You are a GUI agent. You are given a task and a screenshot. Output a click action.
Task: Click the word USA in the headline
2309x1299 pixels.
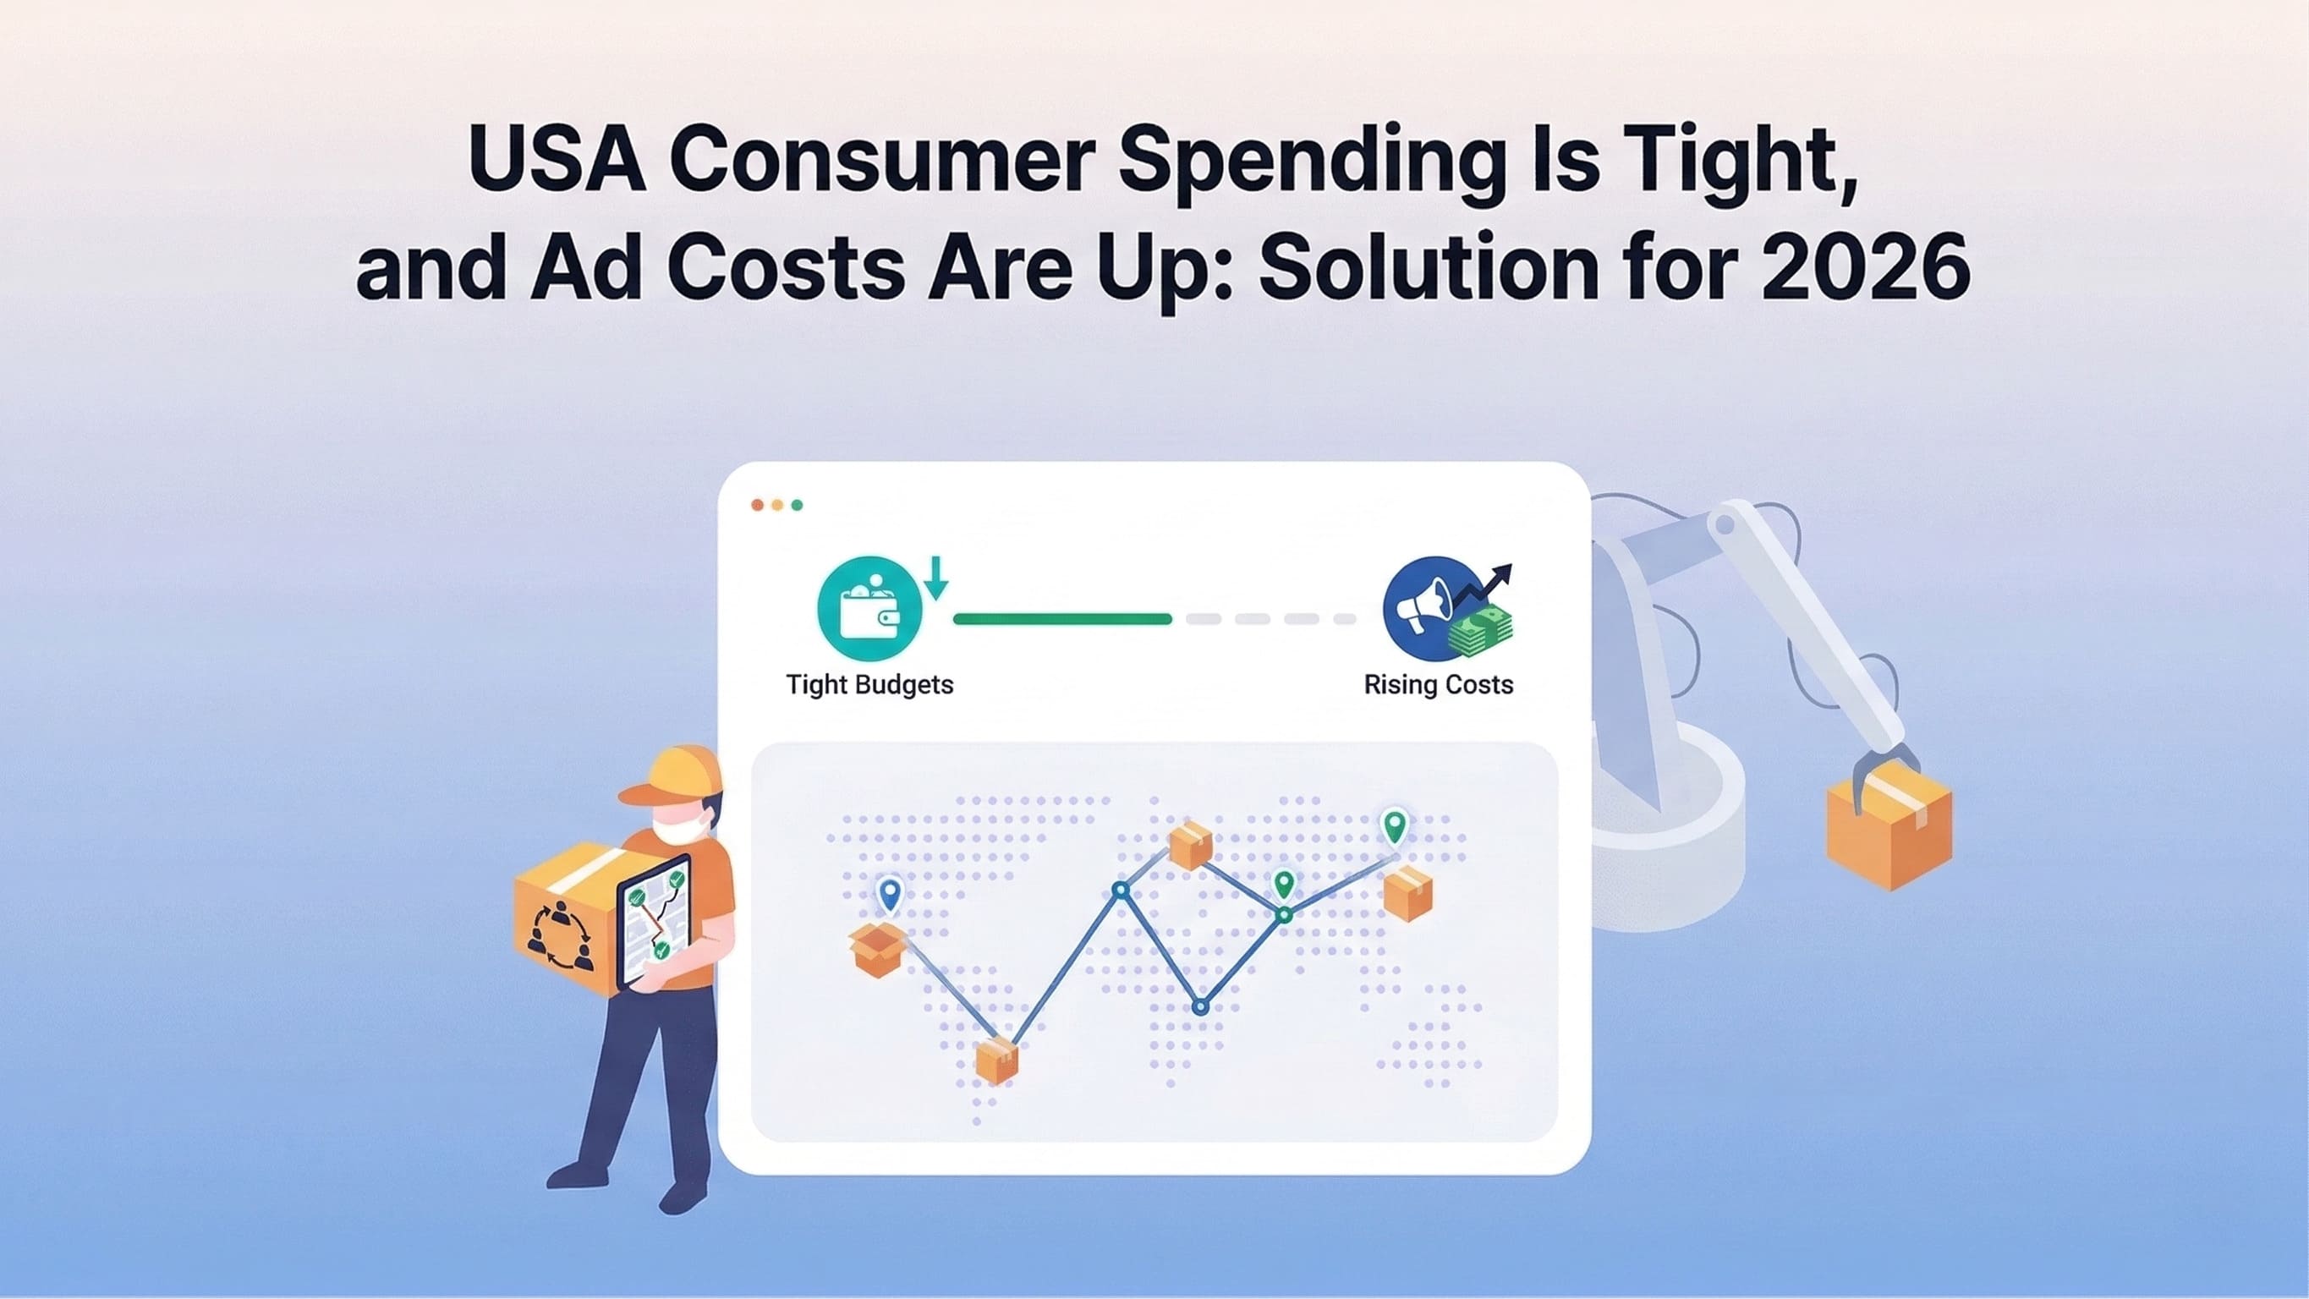557,160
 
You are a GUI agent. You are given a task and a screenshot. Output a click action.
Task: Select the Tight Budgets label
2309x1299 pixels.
869,685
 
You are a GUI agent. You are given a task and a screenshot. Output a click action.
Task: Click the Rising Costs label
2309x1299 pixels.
1438,685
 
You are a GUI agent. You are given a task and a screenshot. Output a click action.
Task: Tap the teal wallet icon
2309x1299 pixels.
869,609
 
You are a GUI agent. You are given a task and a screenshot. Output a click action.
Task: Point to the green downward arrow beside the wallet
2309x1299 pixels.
935,578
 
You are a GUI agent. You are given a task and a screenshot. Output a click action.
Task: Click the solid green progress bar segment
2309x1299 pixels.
1062,618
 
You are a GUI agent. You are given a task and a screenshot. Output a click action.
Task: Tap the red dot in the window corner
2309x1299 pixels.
758,506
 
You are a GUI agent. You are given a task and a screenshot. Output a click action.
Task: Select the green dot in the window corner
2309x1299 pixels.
797,506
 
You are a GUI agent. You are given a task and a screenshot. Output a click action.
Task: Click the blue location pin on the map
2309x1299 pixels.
889,895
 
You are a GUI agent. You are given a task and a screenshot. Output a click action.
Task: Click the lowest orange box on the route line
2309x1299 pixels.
995,1061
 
